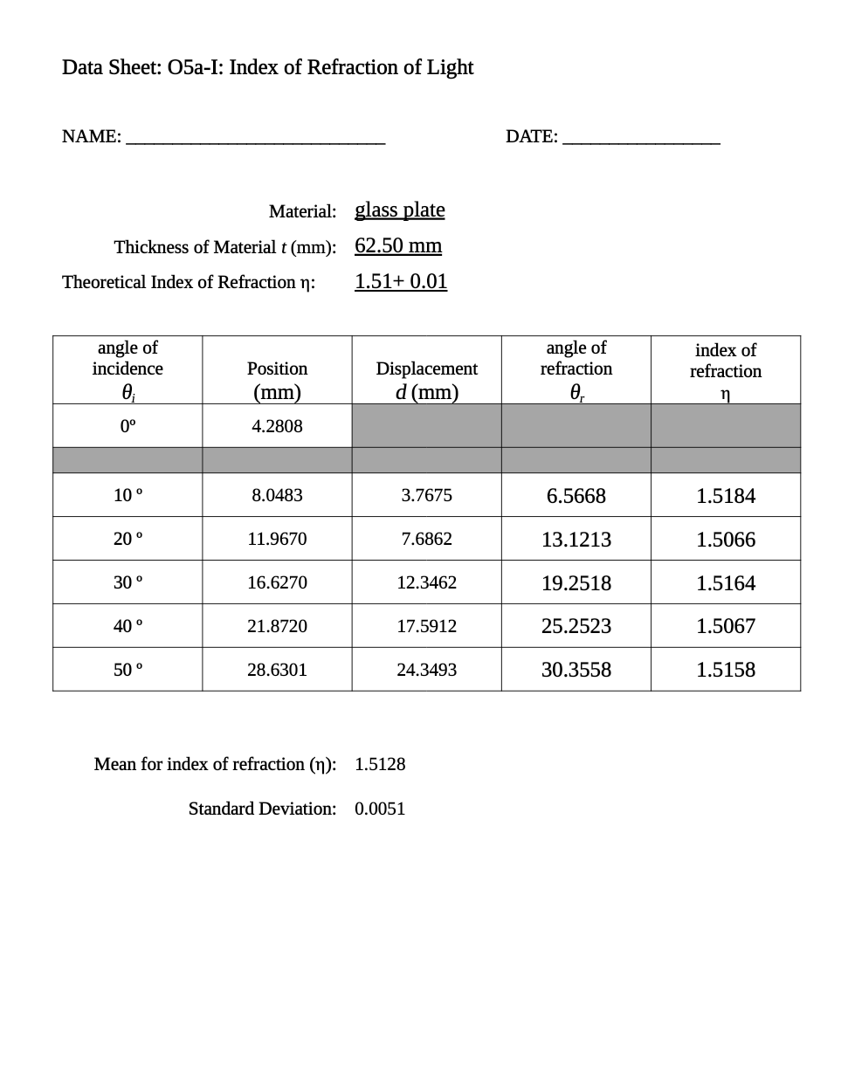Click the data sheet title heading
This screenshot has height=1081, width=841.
click(267, 67)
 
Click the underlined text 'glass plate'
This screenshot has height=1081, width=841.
click(399, 210)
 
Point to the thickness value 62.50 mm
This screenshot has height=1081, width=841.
click(398, 245)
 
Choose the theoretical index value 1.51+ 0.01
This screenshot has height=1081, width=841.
click(401, 281)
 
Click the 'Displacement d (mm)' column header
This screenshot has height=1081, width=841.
click(426, 380)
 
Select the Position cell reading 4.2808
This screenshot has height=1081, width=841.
click(277, 426)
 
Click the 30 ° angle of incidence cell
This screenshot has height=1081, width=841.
click(128, 582)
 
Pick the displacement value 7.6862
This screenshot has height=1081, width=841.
click(426, 539)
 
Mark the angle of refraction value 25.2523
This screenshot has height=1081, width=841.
click(576, 626)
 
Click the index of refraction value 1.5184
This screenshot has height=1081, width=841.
click(725, 496)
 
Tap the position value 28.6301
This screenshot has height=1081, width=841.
click(277, 670)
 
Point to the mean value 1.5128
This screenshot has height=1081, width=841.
click(380, 764)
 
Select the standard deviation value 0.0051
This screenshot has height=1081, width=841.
click(380, 809)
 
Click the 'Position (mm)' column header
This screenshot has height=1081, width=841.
click(277, 380)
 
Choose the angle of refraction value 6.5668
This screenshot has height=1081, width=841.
click(576, 496)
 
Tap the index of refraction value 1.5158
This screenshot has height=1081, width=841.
click(725, 670)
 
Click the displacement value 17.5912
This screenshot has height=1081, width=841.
click(426, 626)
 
